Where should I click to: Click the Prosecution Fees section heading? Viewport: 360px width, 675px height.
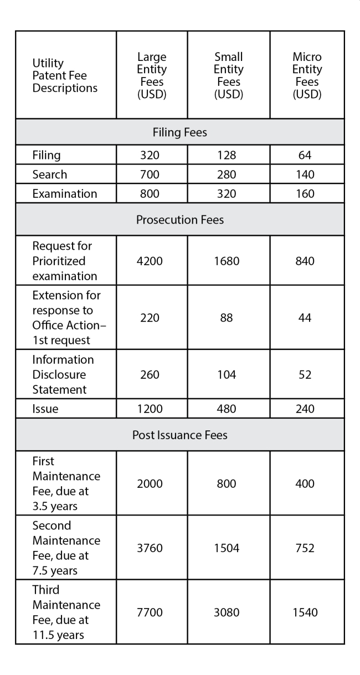pyautogui.click(x=179, y=219)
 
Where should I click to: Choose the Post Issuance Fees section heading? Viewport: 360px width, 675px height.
pyautogui.click(x=179, y=435)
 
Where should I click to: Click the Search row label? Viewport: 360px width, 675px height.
pyautogui.click(x=50, y=174)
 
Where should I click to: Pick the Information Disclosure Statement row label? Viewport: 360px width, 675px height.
pyautogui.click(x=62, y=375)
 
